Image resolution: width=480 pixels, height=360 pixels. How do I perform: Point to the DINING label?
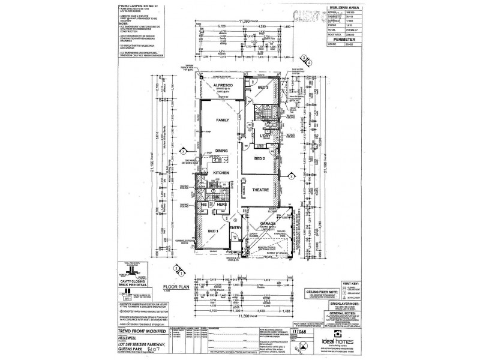[223, 151]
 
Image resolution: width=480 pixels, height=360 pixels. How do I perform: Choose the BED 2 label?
[260, 158]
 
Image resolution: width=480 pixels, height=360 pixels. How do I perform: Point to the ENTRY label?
[235, 227]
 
